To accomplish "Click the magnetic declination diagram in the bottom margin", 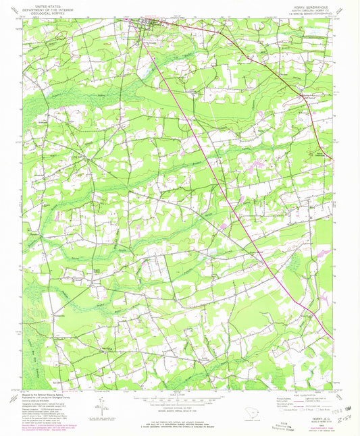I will coord(101,404).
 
